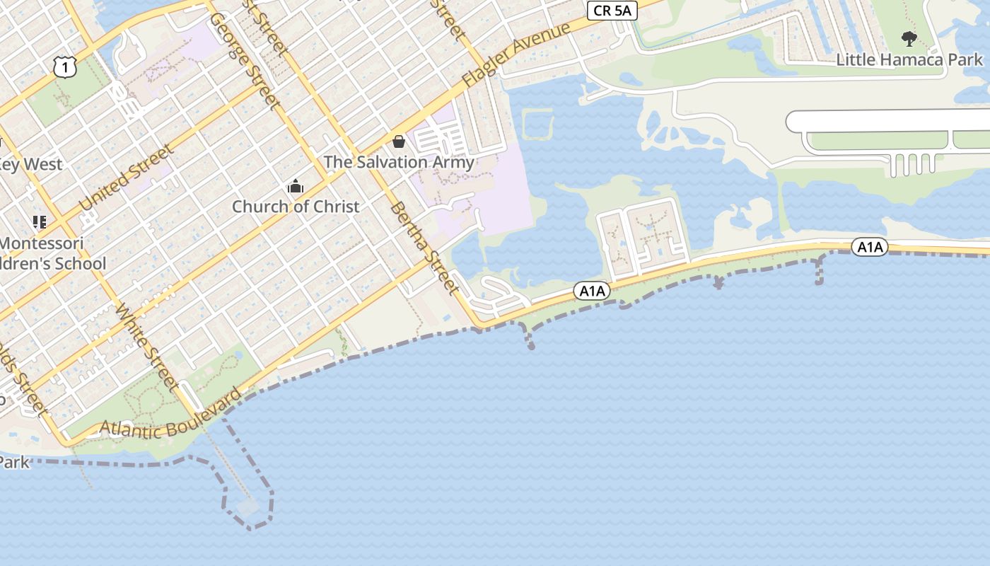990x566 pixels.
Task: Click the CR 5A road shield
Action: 612,10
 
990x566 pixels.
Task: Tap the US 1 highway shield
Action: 64,67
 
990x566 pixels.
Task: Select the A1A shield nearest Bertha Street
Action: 591,291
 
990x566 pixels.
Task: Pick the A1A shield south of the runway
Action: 869,247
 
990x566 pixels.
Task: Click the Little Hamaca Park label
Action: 909,59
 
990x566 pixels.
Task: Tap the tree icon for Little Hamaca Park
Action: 909,38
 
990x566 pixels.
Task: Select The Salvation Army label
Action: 399,162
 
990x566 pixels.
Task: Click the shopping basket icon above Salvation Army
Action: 399,141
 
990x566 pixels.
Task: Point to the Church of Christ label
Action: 296,207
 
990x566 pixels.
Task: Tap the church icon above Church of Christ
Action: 296,187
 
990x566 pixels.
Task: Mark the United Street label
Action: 127,178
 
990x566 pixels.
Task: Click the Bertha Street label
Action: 424,248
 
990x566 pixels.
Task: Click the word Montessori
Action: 41,243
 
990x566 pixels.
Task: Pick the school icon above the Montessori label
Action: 40,222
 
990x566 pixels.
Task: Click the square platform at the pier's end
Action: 248,507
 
